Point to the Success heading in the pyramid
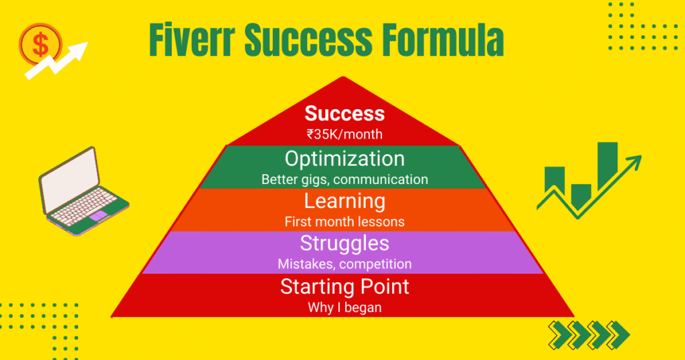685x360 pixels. (x=345, y=113)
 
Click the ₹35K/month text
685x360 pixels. (x=345, y=134)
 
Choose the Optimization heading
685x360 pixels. (x=345, y=159)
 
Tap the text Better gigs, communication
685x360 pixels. (x=345, y=179)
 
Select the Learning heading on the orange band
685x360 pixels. (x=345, y=201)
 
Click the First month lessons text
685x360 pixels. (x=345, y=221)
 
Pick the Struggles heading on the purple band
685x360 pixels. (x=345, y=243)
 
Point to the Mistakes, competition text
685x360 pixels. (x=345, y=264)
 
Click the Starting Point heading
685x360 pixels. (x=345, y=287)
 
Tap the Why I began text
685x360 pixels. (x=345, y=308)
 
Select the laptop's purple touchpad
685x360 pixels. (x=98, y=215)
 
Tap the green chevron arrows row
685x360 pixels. (x=589, y=333)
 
